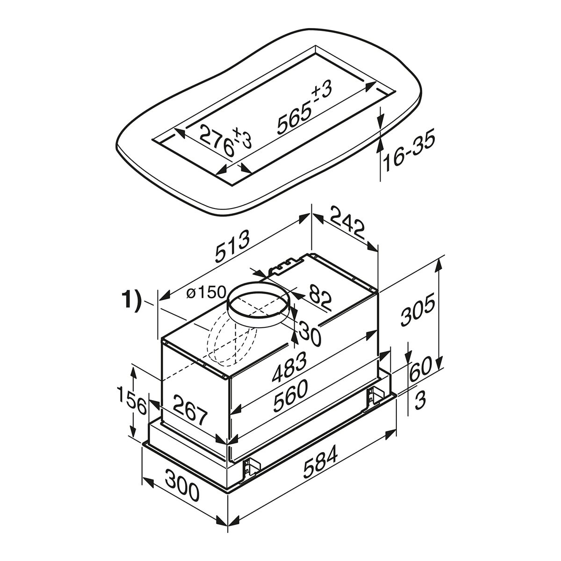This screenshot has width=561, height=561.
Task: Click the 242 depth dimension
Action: (348, 222)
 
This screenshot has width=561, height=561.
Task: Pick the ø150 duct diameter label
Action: (207, 293)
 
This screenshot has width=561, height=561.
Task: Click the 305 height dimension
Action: (418, 310)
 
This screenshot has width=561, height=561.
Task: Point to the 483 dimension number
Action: (289, 367)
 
